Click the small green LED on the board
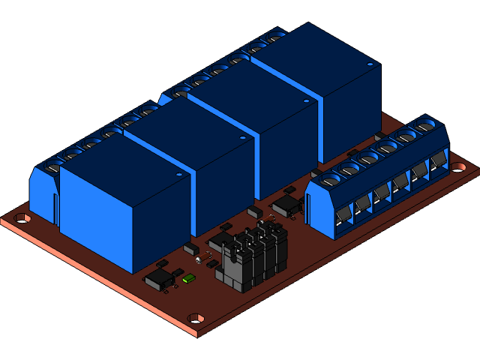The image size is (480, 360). (188, 278)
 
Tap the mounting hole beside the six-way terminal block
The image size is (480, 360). (458, 168)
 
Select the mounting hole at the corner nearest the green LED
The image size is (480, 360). (196, 318)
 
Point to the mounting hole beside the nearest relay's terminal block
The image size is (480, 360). (22, 218)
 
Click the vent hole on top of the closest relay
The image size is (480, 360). (180, 173)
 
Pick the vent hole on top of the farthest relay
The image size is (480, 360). (369, 65)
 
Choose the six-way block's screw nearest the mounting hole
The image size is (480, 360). (426, 126)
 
